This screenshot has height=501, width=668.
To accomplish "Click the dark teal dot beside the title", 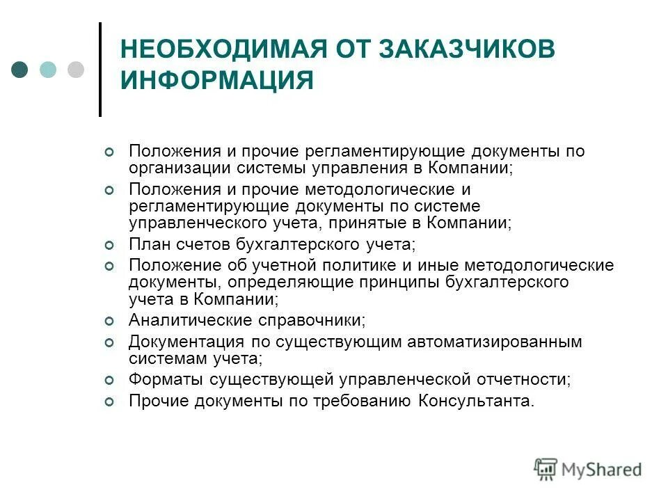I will coord(20,70).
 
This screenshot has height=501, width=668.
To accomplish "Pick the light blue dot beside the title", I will coord(48,70).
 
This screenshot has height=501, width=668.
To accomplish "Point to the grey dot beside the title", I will coord(75,70).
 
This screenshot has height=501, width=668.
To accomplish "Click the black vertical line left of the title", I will coord(100,70).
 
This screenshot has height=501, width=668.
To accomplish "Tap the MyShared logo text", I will coord(603,470).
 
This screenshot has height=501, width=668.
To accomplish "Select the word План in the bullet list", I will coord(147,244).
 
